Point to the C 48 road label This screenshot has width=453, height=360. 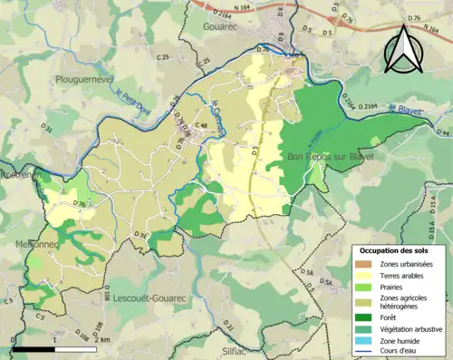click(200, 125)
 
